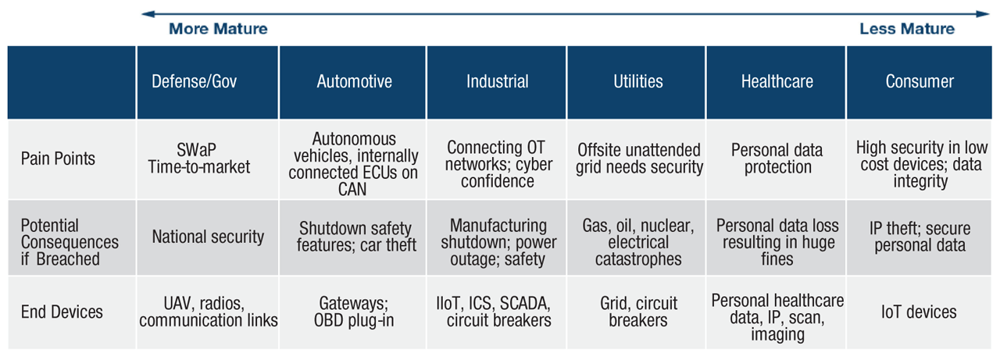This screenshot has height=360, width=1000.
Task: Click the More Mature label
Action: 218,29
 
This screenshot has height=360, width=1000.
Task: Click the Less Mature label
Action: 907,29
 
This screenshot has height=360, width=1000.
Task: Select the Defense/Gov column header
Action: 208,82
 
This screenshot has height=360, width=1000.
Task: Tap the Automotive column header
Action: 354,82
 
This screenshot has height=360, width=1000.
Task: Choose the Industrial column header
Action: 497,82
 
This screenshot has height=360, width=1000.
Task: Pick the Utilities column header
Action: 637,82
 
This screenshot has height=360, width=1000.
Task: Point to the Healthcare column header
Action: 777,82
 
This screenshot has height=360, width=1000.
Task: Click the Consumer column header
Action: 920,82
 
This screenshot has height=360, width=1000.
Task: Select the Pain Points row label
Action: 58,159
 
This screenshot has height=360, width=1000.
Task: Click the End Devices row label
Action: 62,312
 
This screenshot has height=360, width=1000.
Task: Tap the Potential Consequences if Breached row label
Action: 70,242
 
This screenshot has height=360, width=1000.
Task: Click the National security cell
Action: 208,237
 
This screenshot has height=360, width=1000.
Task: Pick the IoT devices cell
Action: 920,312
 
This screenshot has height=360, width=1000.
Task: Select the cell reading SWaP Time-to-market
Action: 208,159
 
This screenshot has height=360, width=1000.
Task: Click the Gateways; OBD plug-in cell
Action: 354,312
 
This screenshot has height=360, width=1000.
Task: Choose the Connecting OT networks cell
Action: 497,163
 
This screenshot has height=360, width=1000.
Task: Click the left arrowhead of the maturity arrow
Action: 145,13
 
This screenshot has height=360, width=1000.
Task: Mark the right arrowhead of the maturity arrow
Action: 987,13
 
